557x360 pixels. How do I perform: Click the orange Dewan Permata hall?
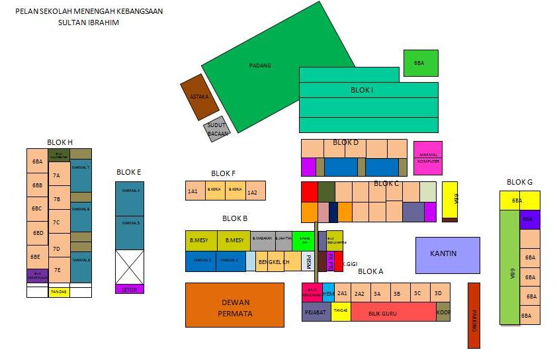(x=234, y=305)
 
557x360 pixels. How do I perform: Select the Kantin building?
(x=447, y=255)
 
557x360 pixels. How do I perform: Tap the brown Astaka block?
(x=199, y=97)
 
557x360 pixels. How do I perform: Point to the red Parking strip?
(x=474, y=315)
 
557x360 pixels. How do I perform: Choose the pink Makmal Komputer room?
(x=428, y=157)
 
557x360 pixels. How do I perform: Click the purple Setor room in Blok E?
(x=130, y=289)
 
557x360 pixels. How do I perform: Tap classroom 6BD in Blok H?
(x=38, y=233)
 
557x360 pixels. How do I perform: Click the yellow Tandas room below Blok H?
(x=59, y=292)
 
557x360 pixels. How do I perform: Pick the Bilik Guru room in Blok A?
(x=382, y=312)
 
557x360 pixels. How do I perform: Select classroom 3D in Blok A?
(x=438, y=292)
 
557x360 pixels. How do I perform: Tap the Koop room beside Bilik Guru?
(x=443, y=312)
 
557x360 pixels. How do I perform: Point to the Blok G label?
(x=519, y=182)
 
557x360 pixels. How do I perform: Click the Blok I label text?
(x=362, y=90)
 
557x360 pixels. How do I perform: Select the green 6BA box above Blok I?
(x=420, y=63)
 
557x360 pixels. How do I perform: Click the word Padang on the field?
(x=260, y=66)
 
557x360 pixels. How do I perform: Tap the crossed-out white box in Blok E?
(x=130, y=267)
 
